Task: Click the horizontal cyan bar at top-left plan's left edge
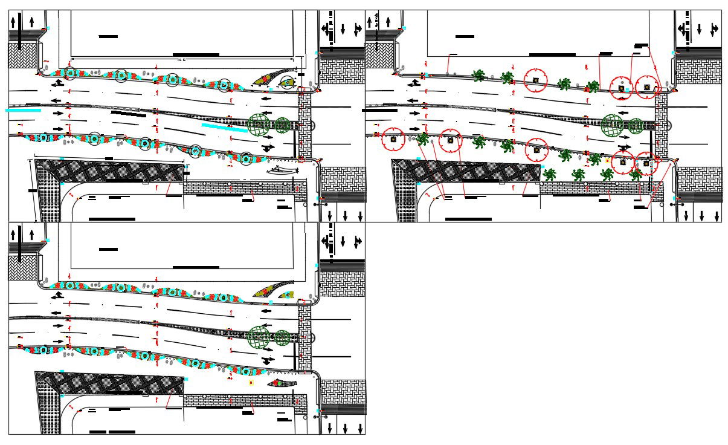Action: (x=23, y=110)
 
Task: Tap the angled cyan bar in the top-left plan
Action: (x=224, y=127)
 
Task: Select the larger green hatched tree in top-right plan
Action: (x=611, y=124)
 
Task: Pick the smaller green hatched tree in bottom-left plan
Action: (x=282, y=337)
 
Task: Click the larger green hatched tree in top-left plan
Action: (x=259, y=125)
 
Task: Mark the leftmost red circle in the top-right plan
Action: (x=393, y=140)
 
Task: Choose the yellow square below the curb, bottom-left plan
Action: (x=251, y=383)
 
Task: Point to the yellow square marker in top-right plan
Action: (x=607, y=161)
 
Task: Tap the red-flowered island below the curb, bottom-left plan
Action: (x=282, y=382)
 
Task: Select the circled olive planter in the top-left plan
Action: (x=289, y=80)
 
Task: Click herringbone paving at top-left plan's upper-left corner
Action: (x=23, y=55)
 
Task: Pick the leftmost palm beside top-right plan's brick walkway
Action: (x=549, y=175)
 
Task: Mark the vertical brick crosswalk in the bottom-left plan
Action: (x=304, y=339)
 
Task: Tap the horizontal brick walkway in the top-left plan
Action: (x=242, y=188)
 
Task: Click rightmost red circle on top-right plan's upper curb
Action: (x=646, y=87)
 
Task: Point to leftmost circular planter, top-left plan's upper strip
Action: (x=70, y=74)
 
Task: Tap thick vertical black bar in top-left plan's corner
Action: (x=20, y=33)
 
